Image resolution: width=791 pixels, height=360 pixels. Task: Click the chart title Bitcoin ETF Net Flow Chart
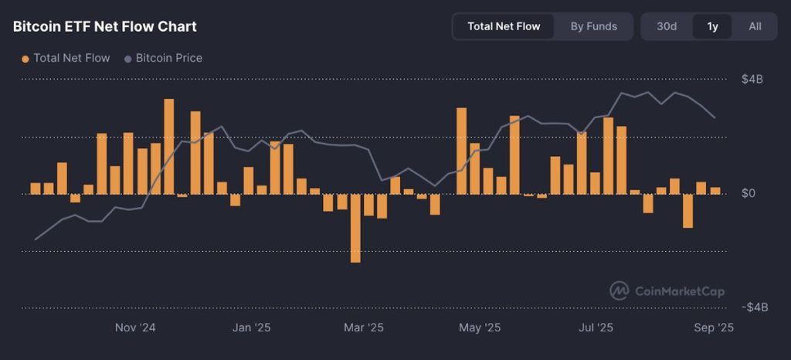tap(105, 26)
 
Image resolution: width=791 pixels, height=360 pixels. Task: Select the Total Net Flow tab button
tap(504, 26)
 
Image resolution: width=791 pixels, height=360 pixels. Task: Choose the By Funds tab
tap(593, 26)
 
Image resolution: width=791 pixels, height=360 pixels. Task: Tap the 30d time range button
tap(667, 26)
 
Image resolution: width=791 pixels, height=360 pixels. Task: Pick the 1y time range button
tap(712, 26)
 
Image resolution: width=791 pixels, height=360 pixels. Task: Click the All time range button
tap(755, 26)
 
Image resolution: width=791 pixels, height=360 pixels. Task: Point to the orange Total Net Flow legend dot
tap(25, 59)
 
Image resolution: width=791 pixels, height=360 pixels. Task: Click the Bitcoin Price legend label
tap(168, 58)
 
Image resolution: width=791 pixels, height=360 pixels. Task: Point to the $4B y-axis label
tap(752, 80)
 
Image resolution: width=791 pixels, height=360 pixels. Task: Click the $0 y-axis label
tap(748, 193)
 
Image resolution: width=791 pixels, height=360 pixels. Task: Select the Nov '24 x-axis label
tap(135, 328)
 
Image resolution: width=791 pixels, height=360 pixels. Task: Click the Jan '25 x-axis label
tap(252, 328)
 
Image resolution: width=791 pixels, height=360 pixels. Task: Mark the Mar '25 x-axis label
tap(364, 328)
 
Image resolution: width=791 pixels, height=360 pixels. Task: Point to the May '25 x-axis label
tap(480, 328)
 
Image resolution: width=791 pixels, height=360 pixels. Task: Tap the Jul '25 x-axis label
tap(596, 328)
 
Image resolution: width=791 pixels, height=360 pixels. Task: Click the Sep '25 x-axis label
tap(715, 328)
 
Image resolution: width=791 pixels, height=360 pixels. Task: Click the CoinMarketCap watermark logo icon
tap(620, 290)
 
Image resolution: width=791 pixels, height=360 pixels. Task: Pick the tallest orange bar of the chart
tap(168, 146)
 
